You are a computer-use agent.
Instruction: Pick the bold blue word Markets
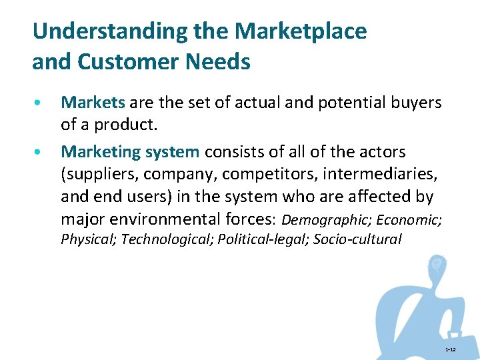click(x=93, y=103)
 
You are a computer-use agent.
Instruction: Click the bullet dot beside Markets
click(x=41, y=104)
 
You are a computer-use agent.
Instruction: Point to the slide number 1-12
click(x=450, y=350)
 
